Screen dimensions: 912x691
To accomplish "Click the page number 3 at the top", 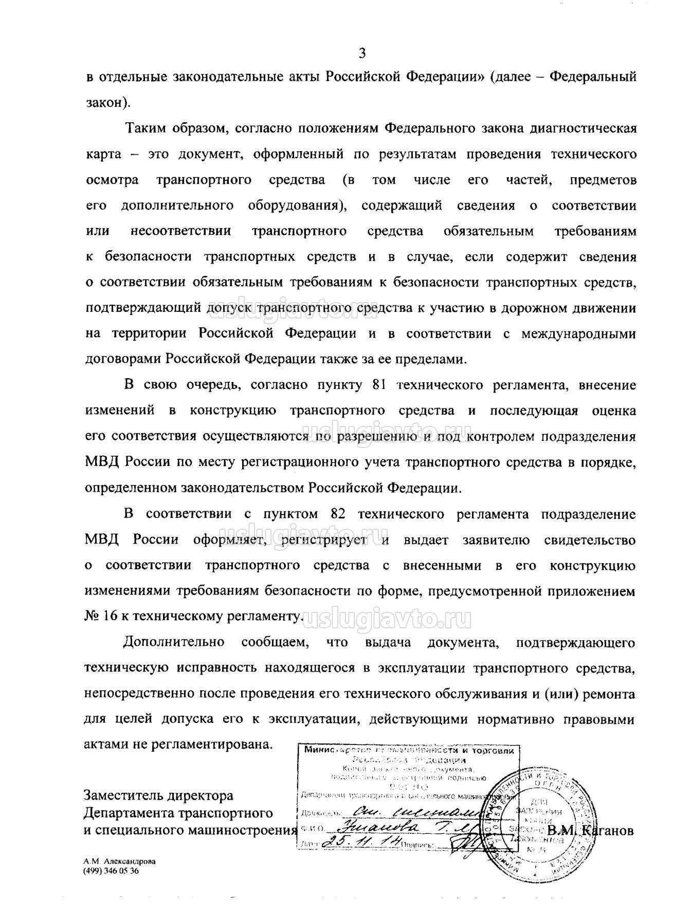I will (362, 53).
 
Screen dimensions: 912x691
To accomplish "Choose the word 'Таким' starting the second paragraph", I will (143, 128).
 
